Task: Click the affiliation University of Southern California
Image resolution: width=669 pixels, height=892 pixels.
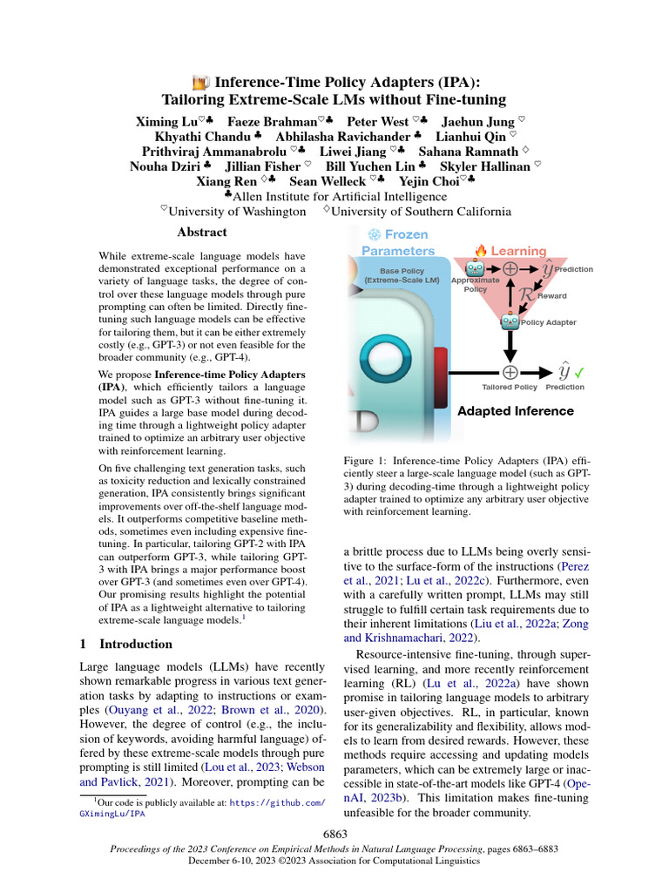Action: [x=422, y=211]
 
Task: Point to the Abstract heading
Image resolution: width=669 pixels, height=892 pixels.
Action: [x=201, y=233]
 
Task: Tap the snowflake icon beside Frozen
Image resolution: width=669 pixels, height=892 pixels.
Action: [x=375, y=234]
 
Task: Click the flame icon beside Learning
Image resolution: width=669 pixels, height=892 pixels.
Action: [x=480, y=251]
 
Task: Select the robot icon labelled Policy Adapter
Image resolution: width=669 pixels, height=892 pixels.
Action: [x=510, y=321]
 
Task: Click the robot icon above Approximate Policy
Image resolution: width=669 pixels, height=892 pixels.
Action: [x=475, y=269]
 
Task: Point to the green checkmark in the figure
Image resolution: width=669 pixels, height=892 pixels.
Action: [x=579, y=372]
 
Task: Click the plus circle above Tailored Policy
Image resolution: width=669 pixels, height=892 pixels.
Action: [x=510, y=372]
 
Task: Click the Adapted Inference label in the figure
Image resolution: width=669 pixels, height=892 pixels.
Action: [x=516, y=411]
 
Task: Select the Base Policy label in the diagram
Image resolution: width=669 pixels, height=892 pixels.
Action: [x=402, y=276]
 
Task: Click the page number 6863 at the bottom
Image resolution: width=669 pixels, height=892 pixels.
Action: [x=334, y=834]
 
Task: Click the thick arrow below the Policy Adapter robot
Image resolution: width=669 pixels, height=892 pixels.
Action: [x=510, y=345]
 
